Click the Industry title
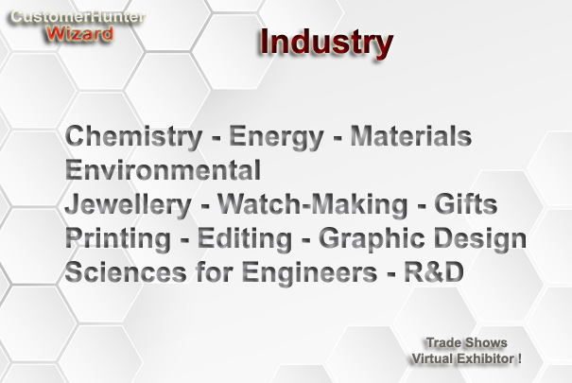(326, 44)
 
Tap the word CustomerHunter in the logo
(78, 17)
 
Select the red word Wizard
(79, 34)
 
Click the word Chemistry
(133, 136)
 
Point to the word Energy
(276, 137)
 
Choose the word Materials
(410, 135)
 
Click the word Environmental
(163, 169)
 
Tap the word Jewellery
(128, 205)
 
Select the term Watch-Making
(312, 204)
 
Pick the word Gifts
(465, 203)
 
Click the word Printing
(118, 239)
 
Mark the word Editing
(245, 239)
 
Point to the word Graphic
(372, 239)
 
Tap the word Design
(479, 239)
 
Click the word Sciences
(126, 272)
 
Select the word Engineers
(309, 273)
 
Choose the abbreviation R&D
(434, 272)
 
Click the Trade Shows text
(466, 343)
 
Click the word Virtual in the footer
(433, 358)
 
